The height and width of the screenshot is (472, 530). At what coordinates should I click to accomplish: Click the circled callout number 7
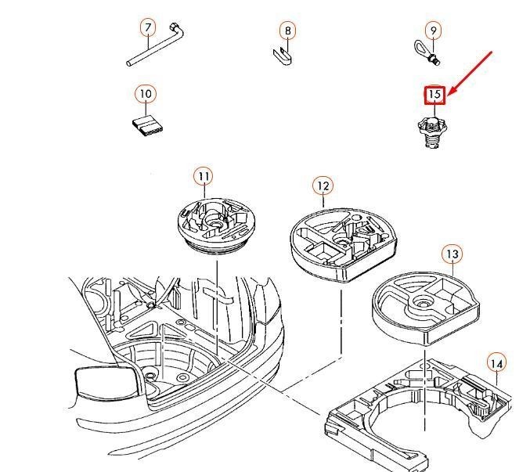(148, 27)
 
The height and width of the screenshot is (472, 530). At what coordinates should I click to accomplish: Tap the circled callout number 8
(287, 31)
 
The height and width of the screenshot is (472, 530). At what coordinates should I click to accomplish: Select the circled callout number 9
(434, 31)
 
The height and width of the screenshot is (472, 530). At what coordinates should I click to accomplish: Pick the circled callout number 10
(146, 94)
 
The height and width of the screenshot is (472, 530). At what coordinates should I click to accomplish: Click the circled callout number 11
(204, 176)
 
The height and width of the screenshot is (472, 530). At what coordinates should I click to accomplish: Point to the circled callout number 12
(323, 186)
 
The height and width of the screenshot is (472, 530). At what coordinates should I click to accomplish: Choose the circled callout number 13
(452, 254)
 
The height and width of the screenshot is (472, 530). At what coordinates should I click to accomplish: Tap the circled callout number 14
(497, 364)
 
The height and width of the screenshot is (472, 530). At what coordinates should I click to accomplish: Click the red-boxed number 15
(435, 95)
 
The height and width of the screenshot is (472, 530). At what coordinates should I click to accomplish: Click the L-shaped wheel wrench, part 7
(156, 45)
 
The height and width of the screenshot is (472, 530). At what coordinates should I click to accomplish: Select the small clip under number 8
(283, 56)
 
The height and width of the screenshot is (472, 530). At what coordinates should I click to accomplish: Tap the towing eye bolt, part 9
(424, 52)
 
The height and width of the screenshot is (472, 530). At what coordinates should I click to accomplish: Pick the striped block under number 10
(146, 126)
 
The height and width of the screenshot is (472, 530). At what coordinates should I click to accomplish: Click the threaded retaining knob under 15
(432, 131)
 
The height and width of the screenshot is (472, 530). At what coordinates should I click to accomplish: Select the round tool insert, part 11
(215, 225)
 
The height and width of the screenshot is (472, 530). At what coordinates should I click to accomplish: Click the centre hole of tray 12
(343, 241)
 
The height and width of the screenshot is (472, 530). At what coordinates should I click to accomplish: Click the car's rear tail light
(106, 381)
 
